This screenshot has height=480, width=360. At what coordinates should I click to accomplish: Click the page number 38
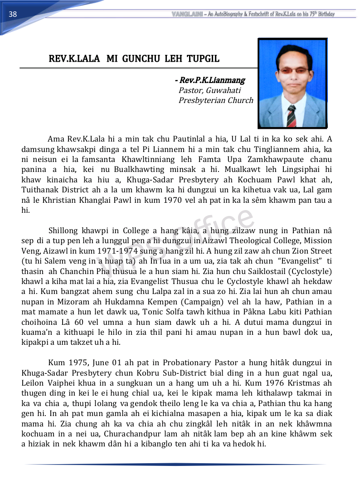click(x=13, y=14)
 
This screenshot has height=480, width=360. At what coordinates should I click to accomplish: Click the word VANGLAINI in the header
click(x=187, y=14)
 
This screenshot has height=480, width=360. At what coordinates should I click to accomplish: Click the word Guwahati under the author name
click(x=223, y=90)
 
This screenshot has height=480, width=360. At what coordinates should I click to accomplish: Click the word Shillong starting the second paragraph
click(x=64, y=230)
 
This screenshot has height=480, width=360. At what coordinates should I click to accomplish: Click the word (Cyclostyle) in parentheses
click(x=312, y=271)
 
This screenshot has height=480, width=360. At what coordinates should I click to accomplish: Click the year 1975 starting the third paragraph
click(x=78, y=363)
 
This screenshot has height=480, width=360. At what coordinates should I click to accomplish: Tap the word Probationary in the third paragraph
click(x=190, y=363)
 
